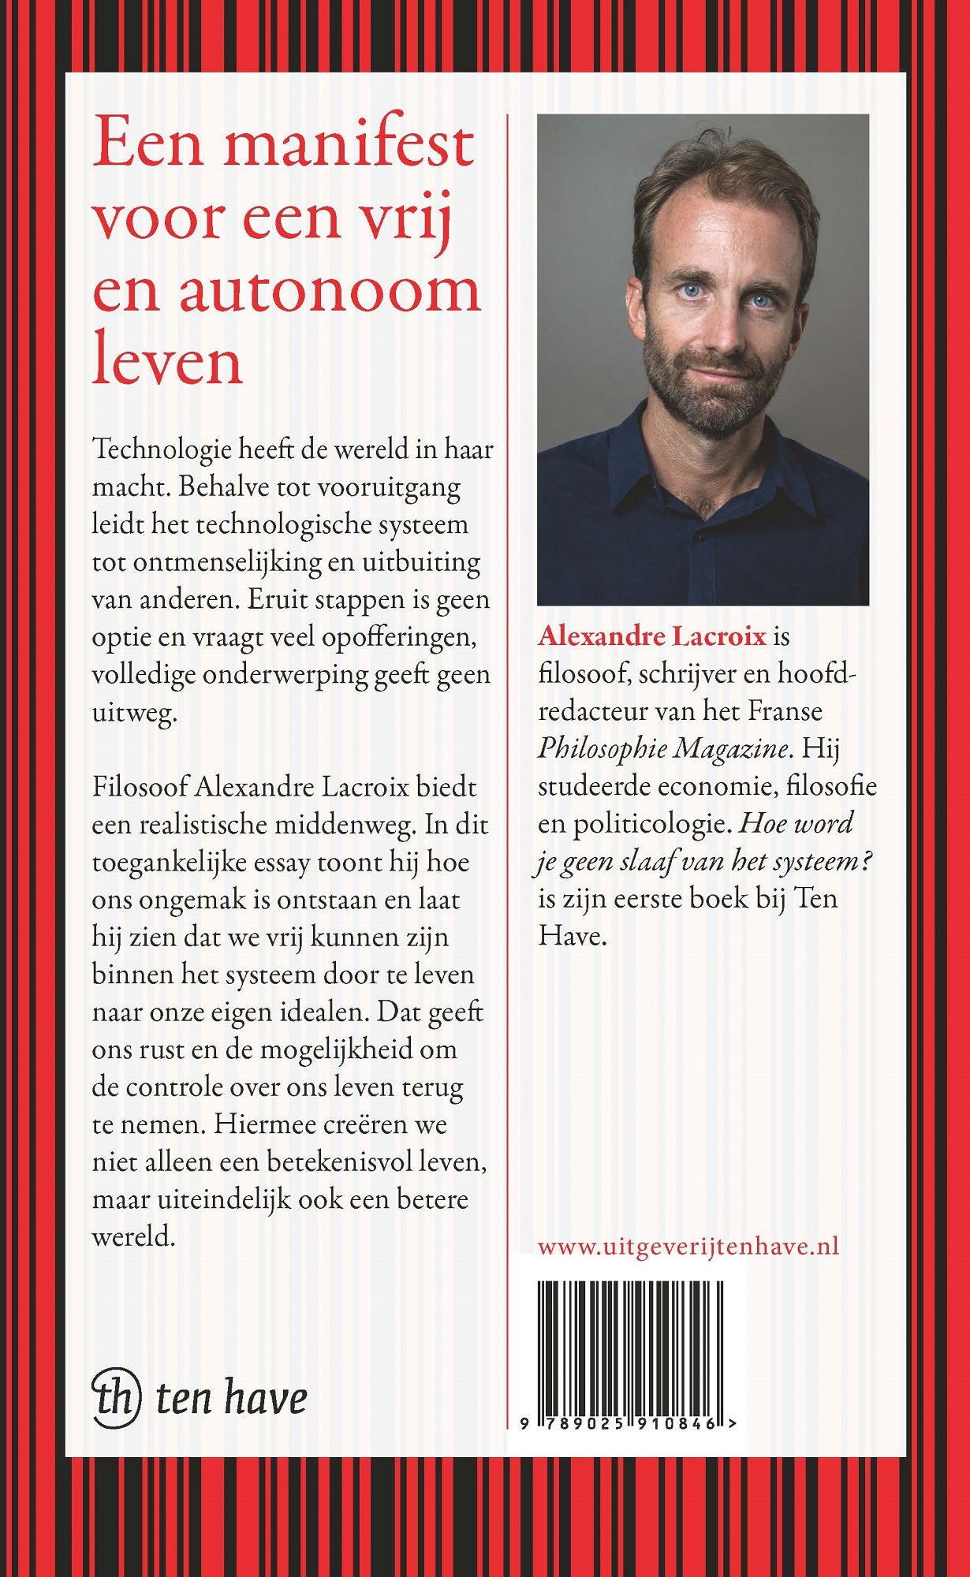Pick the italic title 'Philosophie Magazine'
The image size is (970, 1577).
662,748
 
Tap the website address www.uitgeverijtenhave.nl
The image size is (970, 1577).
688,1246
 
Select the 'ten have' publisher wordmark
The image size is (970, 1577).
231,1398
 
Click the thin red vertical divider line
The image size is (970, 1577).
507,631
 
